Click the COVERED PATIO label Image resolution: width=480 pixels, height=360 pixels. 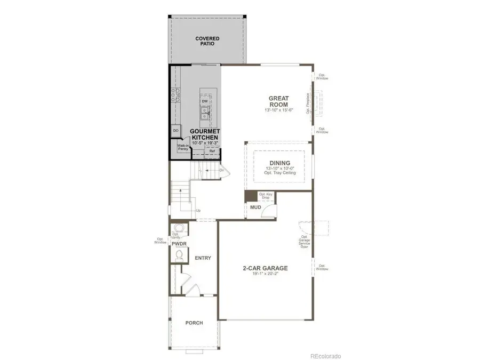[x=207, y=41]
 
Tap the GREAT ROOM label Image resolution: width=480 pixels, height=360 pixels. [x=278, y=101]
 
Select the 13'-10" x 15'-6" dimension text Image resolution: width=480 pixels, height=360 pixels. [x=278, y=110]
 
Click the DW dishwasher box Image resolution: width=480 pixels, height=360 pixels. [x=205, y=101]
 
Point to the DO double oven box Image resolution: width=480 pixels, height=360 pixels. [x=175, y=130]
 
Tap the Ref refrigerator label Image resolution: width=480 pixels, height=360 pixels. [x=212, y=151]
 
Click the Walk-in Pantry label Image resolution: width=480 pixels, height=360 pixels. [x=183, y=148]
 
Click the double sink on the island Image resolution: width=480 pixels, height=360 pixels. [x=205, y=113]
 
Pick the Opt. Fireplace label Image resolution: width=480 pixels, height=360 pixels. [x=308, y=103]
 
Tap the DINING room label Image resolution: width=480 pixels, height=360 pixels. [x=279, y=163]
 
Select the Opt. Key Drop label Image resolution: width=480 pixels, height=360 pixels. [x=265, y=196]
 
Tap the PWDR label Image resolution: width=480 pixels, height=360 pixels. [x=178, y=244]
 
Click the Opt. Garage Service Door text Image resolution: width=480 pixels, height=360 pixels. [x=305, y=242]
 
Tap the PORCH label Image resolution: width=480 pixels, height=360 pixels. [x=194, y=323]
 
